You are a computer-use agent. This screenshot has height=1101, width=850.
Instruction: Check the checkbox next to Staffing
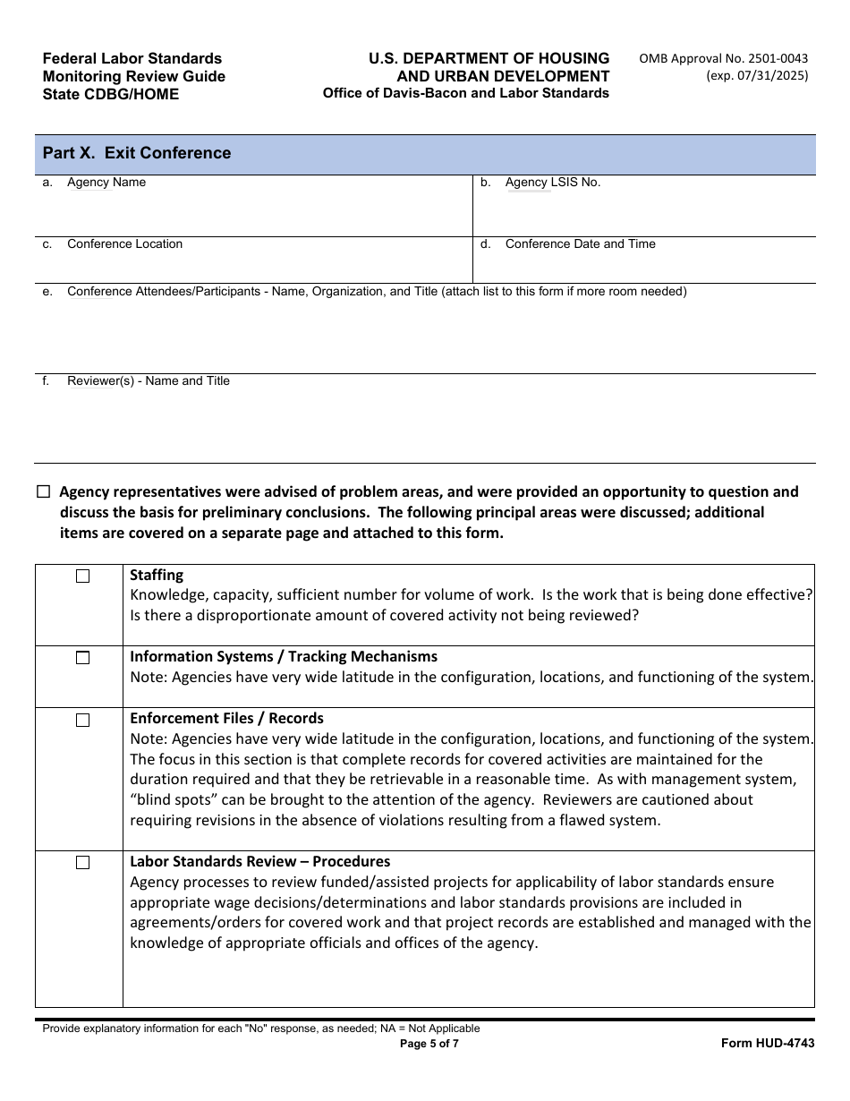[x=82, y=576]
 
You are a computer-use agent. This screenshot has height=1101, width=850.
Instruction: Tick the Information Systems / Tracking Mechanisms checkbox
[x=82, y=658]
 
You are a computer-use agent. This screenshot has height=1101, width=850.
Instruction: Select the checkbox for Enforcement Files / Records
[x=82, y=720]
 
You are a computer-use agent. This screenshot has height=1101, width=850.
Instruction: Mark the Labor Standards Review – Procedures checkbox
[x=82, y=863]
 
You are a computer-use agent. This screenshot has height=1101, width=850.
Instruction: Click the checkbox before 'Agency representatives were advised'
[x=44, y=492]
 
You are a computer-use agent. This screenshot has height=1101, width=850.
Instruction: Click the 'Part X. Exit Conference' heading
[x=137, y=153]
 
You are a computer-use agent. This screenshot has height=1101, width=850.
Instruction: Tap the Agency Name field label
[x=106, y=183]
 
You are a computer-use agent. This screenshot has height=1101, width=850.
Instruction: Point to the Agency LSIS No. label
[x=552, y=183]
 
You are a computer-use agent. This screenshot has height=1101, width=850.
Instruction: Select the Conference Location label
[x=124, y=244]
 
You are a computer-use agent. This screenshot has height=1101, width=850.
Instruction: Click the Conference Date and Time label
[x=580, y=244]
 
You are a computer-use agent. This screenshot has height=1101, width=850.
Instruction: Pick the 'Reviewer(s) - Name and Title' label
[x=148, y=381]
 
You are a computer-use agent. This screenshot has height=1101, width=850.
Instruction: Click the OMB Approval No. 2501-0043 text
[x=723, y=59]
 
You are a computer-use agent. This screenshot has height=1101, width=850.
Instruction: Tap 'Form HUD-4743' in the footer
[x=768, y=1044]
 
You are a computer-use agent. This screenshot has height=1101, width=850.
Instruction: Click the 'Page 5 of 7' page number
[x=429, y=1044]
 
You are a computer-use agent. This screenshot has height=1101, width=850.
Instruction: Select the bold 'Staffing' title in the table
[x=157, y=576]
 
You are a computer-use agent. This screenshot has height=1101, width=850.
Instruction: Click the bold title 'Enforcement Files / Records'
[x=226, y=719]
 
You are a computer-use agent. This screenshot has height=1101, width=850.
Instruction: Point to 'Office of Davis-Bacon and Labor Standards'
[x=465, y=93]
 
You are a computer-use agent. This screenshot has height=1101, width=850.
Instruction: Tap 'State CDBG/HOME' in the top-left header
[x=111, y=94]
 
